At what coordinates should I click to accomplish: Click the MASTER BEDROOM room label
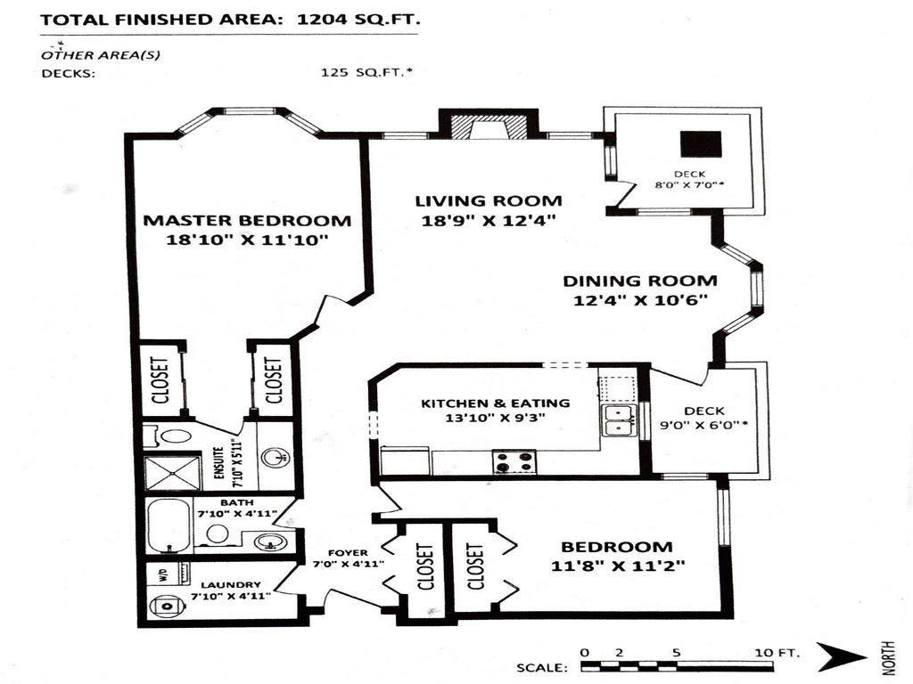click(247, 221)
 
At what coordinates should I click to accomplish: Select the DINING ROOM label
click(639, 281)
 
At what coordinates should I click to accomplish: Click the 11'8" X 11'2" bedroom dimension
click(616, 566)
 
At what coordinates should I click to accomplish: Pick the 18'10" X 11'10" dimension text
click(247, 240)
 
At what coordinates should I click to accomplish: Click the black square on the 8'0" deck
click(700, 144)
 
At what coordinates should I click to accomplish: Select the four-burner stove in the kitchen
click(514, 462)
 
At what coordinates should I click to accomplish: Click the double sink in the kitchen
click(616, 420)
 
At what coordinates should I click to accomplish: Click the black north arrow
click(841, 658)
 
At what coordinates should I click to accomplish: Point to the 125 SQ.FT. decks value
click(366, 74)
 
